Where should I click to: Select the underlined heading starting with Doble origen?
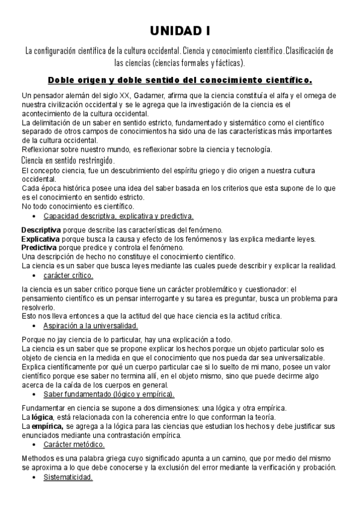point(180,79)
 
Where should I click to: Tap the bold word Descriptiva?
point(41,230)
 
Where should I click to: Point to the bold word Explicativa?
point(40,239)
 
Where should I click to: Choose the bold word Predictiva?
point(40,247)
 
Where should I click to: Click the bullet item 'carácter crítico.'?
point(68,275)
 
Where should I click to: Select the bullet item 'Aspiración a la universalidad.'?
point(91,326)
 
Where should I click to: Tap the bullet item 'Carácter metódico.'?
point(74,444)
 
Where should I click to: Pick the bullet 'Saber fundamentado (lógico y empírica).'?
point(109,394)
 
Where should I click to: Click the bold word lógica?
point(42,417)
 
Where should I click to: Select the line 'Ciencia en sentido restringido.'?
point(68,161)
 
